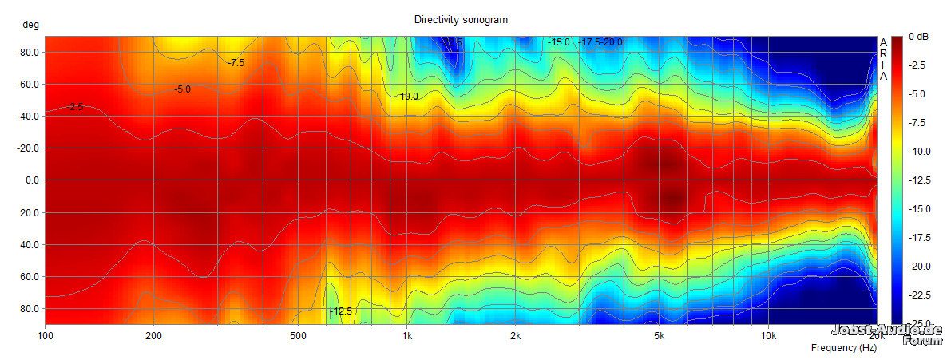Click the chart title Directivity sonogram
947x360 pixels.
[461, 19]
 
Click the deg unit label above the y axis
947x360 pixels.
[30, 25]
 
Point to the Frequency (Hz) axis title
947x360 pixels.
[843, 348]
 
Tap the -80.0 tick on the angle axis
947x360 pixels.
[29, 53]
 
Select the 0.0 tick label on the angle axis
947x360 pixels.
[33, 180]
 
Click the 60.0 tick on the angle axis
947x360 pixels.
[30, 276]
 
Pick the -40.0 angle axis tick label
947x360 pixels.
[29, 117]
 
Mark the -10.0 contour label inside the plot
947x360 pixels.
[407, 97]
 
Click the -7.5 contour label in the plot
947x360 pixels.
[236, 62]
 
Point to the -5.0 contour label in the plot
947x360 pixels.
[182, 89]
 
